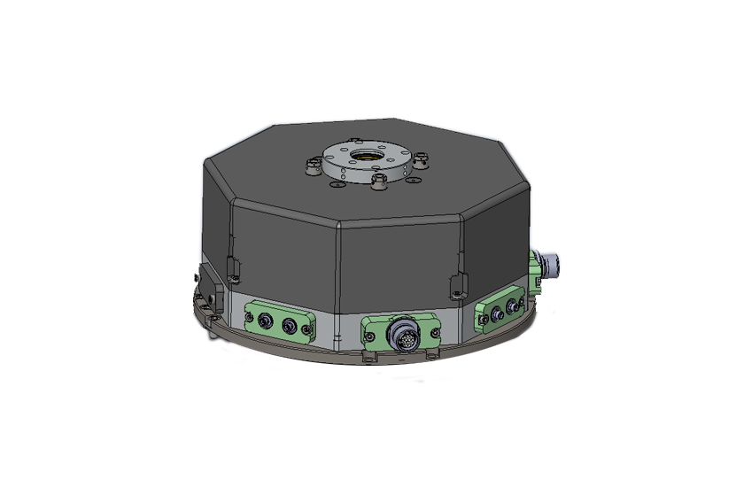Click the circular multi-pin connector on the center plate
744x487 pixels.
(x=399, y=335)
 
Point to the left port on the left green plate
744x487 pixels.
(x=264, y=322)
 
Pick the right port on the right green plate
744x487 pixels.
(x=511, y=308)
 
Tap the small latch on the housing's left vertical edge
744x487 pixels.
(x=233, y=266)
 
